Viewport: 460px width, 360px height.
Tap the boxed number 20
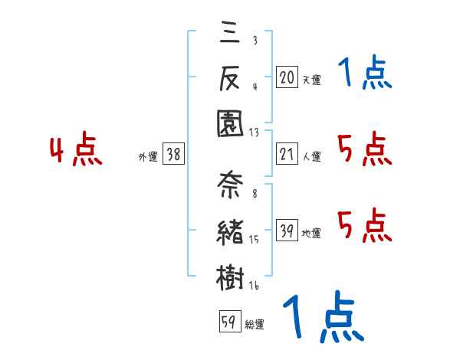point(287,77)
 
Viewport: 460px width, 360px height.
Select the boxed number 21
point(287,155)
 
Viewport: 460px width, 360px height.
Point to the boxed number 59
point(228,323)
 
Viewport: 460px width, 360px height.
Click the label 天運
point(311,80)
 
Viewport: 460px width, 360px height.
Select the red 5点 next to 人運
point(364,149)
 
